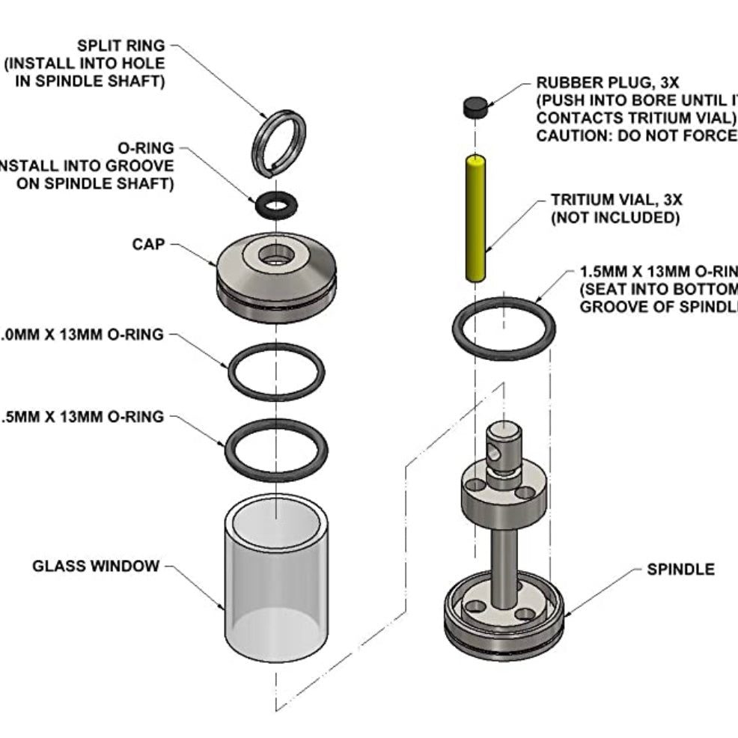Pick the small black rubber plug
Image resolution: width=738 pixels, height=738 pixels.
(475, 108)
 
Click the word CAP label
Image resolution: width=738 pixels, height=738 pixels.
(147, 245)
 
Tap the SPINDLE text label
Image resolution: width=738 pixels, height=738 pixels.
(680, 570)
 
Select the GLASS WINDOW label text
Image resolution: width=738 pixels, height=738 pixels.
(96, 566)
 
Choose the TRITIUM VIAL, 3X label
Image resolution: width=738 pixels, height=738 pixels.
(617, 200)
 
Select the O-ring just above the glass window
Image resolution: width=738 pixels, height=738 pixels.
(228, 449)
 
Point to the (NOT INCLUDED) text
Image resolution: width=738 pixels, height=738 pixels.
(615, 218)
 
